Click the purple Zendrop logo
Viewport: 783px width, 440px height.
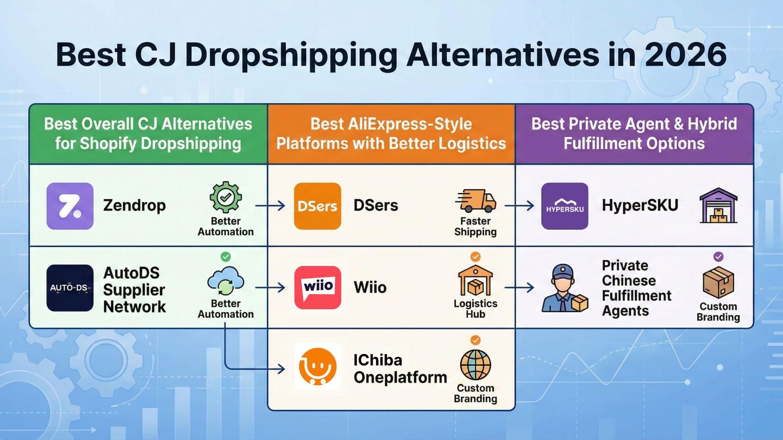pos(70,206)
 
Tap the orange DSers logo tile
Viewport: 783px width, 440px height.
pos(317,206)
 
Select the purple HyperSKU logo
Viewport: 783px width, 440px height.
pos(565,206)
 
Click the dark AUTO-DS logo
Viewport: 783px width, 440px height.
pos(70,288)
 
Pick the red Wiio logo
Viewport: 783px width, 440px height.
pos(317,288)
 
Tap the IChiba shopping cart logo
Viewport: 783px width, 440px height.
pos(317,367)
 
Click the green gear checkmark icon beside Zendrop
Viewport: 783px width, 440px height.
pos(226,197)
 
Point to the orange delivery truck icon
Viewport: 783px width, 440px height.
pos(476,200)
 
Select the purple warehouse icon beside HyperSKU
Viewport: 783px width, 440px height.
pos(719,205)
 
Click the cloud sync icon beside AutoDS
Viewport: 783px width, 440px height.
pos(226,281)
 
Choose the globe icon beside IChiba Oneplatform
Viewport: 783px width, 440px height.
pos(476,365)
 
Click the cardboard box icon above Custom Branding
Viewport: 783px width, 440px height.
pos(718,282)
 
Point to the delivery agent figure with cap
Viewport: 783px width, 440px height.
pos(564,288)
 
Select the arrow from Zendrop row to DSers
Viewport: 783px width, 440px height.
pos(270,206)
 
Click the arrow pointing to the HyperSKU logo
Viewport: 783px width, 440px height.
pos(519,206)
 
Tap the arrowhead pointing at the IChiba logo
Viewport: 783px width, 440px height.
pos(281,369)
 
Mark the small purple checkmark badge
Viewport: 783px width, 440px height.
pos(718,257)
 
